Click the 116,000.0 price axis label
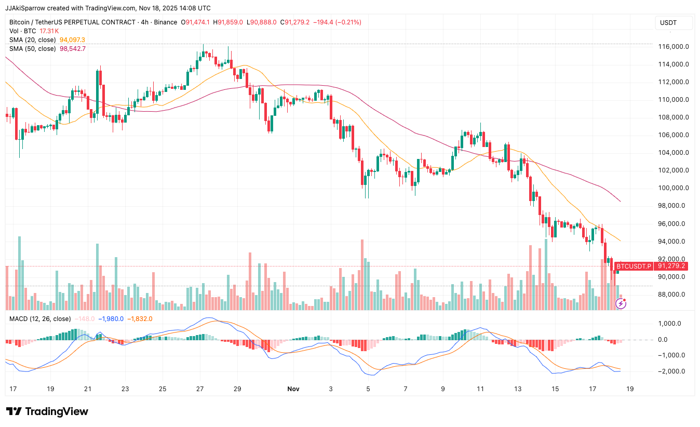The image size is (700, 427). (674, 47)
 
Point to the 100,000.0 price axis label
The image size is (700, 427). (674, 188)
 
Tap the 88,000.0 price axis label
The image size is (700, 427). (674, 295)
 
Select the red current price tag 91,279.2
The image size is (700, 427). (671, 266)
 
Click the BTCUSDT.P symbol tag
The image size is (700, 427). (634, 266)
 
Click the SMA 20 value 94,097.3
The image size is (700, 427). (72, 40)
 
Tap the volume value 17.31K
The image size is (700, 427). (49, 31)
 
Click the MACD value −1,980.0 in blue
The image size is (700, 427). (112, 318)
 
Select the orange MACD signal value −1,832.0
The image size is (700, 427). (140, 318)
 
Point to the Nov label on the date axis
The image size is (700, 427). (293, 389)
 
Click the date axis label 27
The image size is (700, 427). (200, 389)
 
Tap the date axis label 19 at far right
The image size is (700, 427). (629, 389)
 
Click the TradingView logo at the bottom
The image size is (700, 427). (48, 411)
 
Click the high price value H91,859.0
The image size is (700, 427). (231, 22)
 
